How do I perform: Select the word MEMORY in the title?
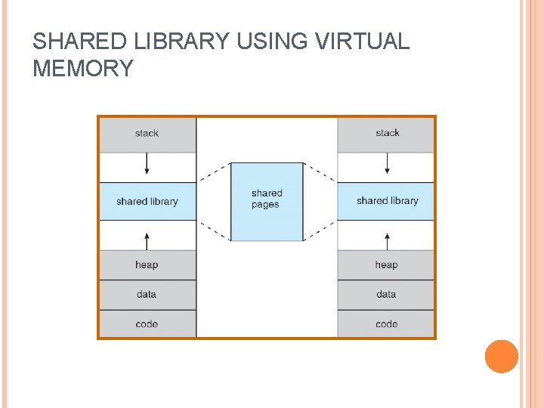coord(83,69)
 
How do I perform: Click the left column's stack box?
coord(147,134)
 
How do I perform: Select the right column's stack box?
coord(386,134)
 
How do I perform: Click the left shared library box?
coord(147,201)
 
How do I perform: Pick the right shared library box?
coord(386,201)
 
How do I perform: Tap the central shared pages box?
coord(267,200)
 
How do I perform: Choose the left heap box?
coord(147,264)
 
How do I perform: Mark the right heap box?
coord(386,264)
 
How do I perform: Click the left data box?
coord(147,294)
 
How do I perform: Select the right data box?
coord(386,294)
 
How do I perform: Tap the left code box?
coord(147,323)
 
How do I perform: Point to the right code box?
coord(386,323)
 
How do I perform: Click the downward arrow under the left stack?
coord(147,164)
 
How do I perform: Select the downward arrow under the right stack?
coord(388,164)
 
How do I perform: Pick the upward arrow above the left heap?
coord(147,241)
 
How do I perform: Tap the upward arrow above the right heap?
coord(388,241)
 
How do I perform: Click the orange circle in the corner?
coord(501,356)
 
